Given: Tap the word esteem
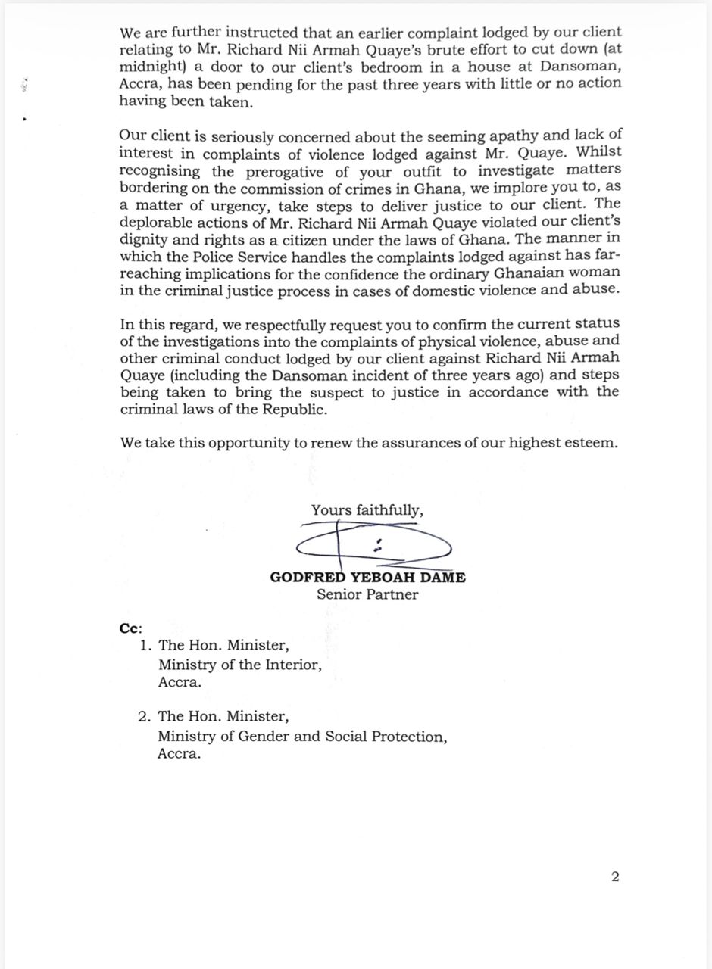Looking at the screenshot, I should [587, 443].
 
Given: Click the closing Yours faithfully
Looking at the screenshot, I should [367, 510].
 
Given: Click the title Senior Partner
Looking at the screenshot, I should [367, 594].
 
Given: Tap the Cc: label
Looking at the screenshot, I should [130, 628].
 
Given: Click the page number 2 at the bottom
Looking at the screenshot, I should [615, 877].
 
